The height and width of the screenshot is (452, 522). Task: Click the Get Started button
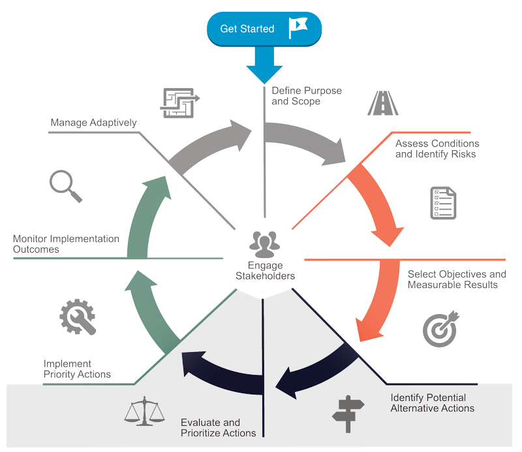[x=264, y=29]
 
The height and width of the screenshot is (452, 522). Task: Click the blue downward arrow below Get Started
[x=264, y=66]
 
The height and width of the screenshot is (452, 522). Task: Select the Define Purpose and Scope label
[x=306, y=96]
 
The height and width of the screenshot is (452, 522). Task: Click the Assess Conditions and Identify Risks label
[x=437, y=149]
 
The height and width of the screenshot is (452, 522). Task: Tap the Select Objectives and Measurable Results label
[x=456, y=280]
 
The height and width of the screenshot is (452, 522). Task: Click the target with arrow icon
[x=440, y=329]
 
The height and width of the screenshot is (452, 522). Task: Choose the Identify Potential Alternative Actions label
[x=432, y=402]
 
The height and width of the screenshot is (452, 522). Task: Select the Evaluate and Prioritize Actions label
[x=218, y=427]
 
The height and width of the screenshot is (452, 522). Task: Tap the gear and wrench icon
[x=77, y=317]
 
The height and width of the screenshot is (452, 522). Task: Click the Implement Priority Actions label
[x=77, y=369]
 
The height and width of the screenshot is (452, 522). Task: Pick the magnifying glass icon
[x=66, y=186]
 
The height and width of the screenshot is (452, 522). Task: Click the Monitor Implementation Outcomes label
[x=66, y=244]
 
